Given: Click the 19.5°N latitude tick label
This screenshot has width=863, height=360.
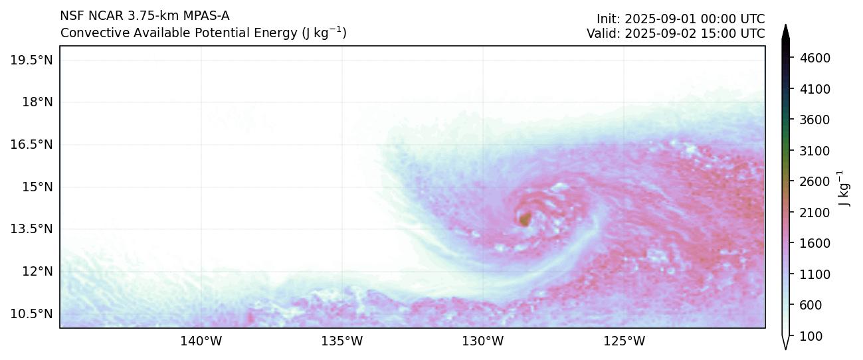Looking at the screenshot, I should (31, 60).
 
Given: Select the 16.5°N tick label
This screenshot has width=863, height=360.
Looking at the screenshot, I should (31, 145).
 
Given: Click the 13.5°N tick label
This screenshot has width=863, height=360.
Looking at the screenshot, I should (31, 229).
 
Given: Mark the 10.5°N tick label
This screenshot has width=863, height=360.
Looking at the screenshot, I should (31, 314).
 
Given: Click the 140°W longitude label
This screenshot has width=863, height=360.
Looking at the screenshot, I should (201, 342).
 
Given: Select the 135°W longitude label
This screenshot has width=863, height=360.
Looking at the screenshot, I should (341, 342).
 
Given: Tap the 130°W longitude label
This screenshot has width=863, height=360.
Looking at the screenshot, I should (482, 342).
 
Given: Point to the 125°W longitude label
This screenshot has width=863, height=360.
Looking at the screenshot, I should (624, 342).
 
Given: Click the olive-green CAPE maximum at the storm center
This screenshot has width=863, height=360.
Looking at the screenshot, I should (525, 218).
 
